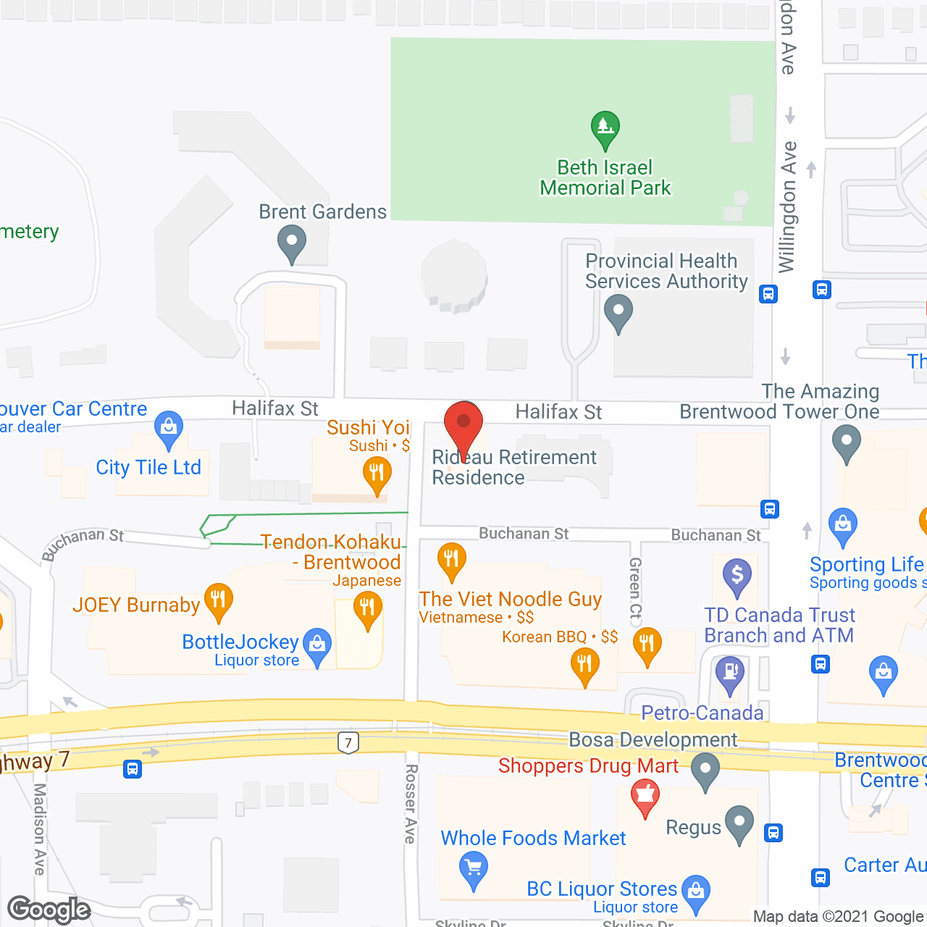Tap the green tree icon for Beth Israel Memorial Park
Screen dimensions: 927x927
pos(605,129)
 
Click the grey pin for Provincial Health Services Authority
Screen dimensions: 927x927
pos(618,314)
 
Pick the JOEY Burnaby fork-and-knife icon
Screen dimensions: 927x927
pos(218,601)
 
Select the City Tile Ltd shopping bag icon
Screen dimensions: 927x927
pos(169,428)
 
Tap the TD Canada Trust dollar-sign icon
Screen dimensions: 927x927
pos(737,576)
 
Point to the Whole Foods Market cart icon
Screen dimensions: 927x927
pos(474,869)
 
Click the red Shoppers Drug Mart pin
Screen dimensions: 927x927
pos(645,797)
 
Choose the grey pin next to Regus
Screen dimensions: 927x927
pos(739,824)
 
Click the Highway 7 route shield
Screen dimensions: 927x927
pos(348,742)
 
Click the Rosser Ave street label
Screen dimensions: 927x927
pos(411,804)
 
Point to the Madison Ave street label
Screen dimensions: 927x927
pos(40,829)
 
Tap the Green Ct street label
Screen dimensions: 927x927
pos(635,587)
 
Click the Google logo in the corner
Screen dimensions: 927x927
pos(49,910)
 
